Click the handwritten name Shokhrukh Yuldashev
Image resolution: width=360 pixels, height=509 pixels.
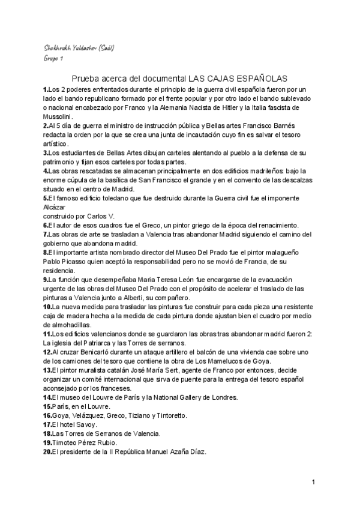[68, 47]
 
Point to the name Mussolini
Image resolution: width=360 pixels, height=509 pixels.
[58, 116]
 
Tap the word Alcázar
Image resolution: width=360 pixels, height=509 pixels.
[56, 206]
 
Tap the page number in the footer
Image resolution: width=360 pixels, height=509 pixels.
[314, 481]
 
